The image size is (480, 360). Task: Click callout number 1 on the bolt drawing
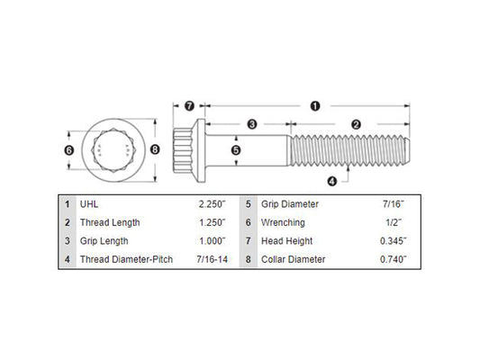pyautogui.click(x=315, y=106)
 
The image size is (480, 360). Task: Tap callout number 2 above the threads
pyautogui.click(x=356, y=124)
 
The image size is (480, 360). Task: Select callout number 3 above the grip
pyautogui.click(x=252, y=124)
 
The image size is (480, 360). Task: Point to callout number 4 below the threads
pyautogui.click(x=332, y=182)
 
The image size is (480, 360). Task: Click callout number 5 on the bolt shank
pyautogui.click(x=236, y=150)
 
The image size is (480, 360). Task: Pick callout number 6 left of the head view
pyautogui.click(x=69, y=150)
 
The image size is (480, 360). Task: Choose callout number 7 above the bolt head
pyautogui.click(x=189, y=106)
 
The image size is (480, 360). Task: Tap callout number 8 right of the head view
pyautogui.click(x=155, y=149)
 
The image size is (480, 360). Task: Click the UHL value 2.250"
pyautogui.click(x=213, y=204)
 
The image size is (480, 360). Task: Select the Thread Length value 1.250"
pyautogui.click(x=213, y=222)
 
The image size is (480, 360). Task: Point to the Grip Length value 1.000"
pyautogui.click(x=213, y=241)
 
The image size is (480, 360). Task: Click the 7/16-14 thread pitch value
pyautogui.click(x=213, y=259)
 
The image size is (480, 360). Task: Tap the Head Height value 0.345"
pyautogui.click(x=394, y=241)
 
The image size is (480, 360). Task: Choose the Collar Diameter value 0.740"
pyautogui.click(x=394, y=259)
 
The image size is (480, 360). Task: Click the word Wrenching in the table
pyautogui.click(x=283, y=222)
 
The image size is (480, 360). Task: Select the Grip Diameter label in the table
pyautogui.click(x=290, y=204)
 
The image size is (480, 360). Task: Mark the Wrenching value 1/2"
pyautogui.click(x=394, y=222)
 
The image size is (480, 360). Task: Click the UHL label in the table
pyautogui.click(x=89, y=204)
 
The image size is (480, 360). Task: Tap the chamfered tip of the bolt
pyautogui.click(x=407, y=150)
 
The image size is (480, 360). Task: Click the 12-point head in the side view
pyautogui.click(x=183, y=150)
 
